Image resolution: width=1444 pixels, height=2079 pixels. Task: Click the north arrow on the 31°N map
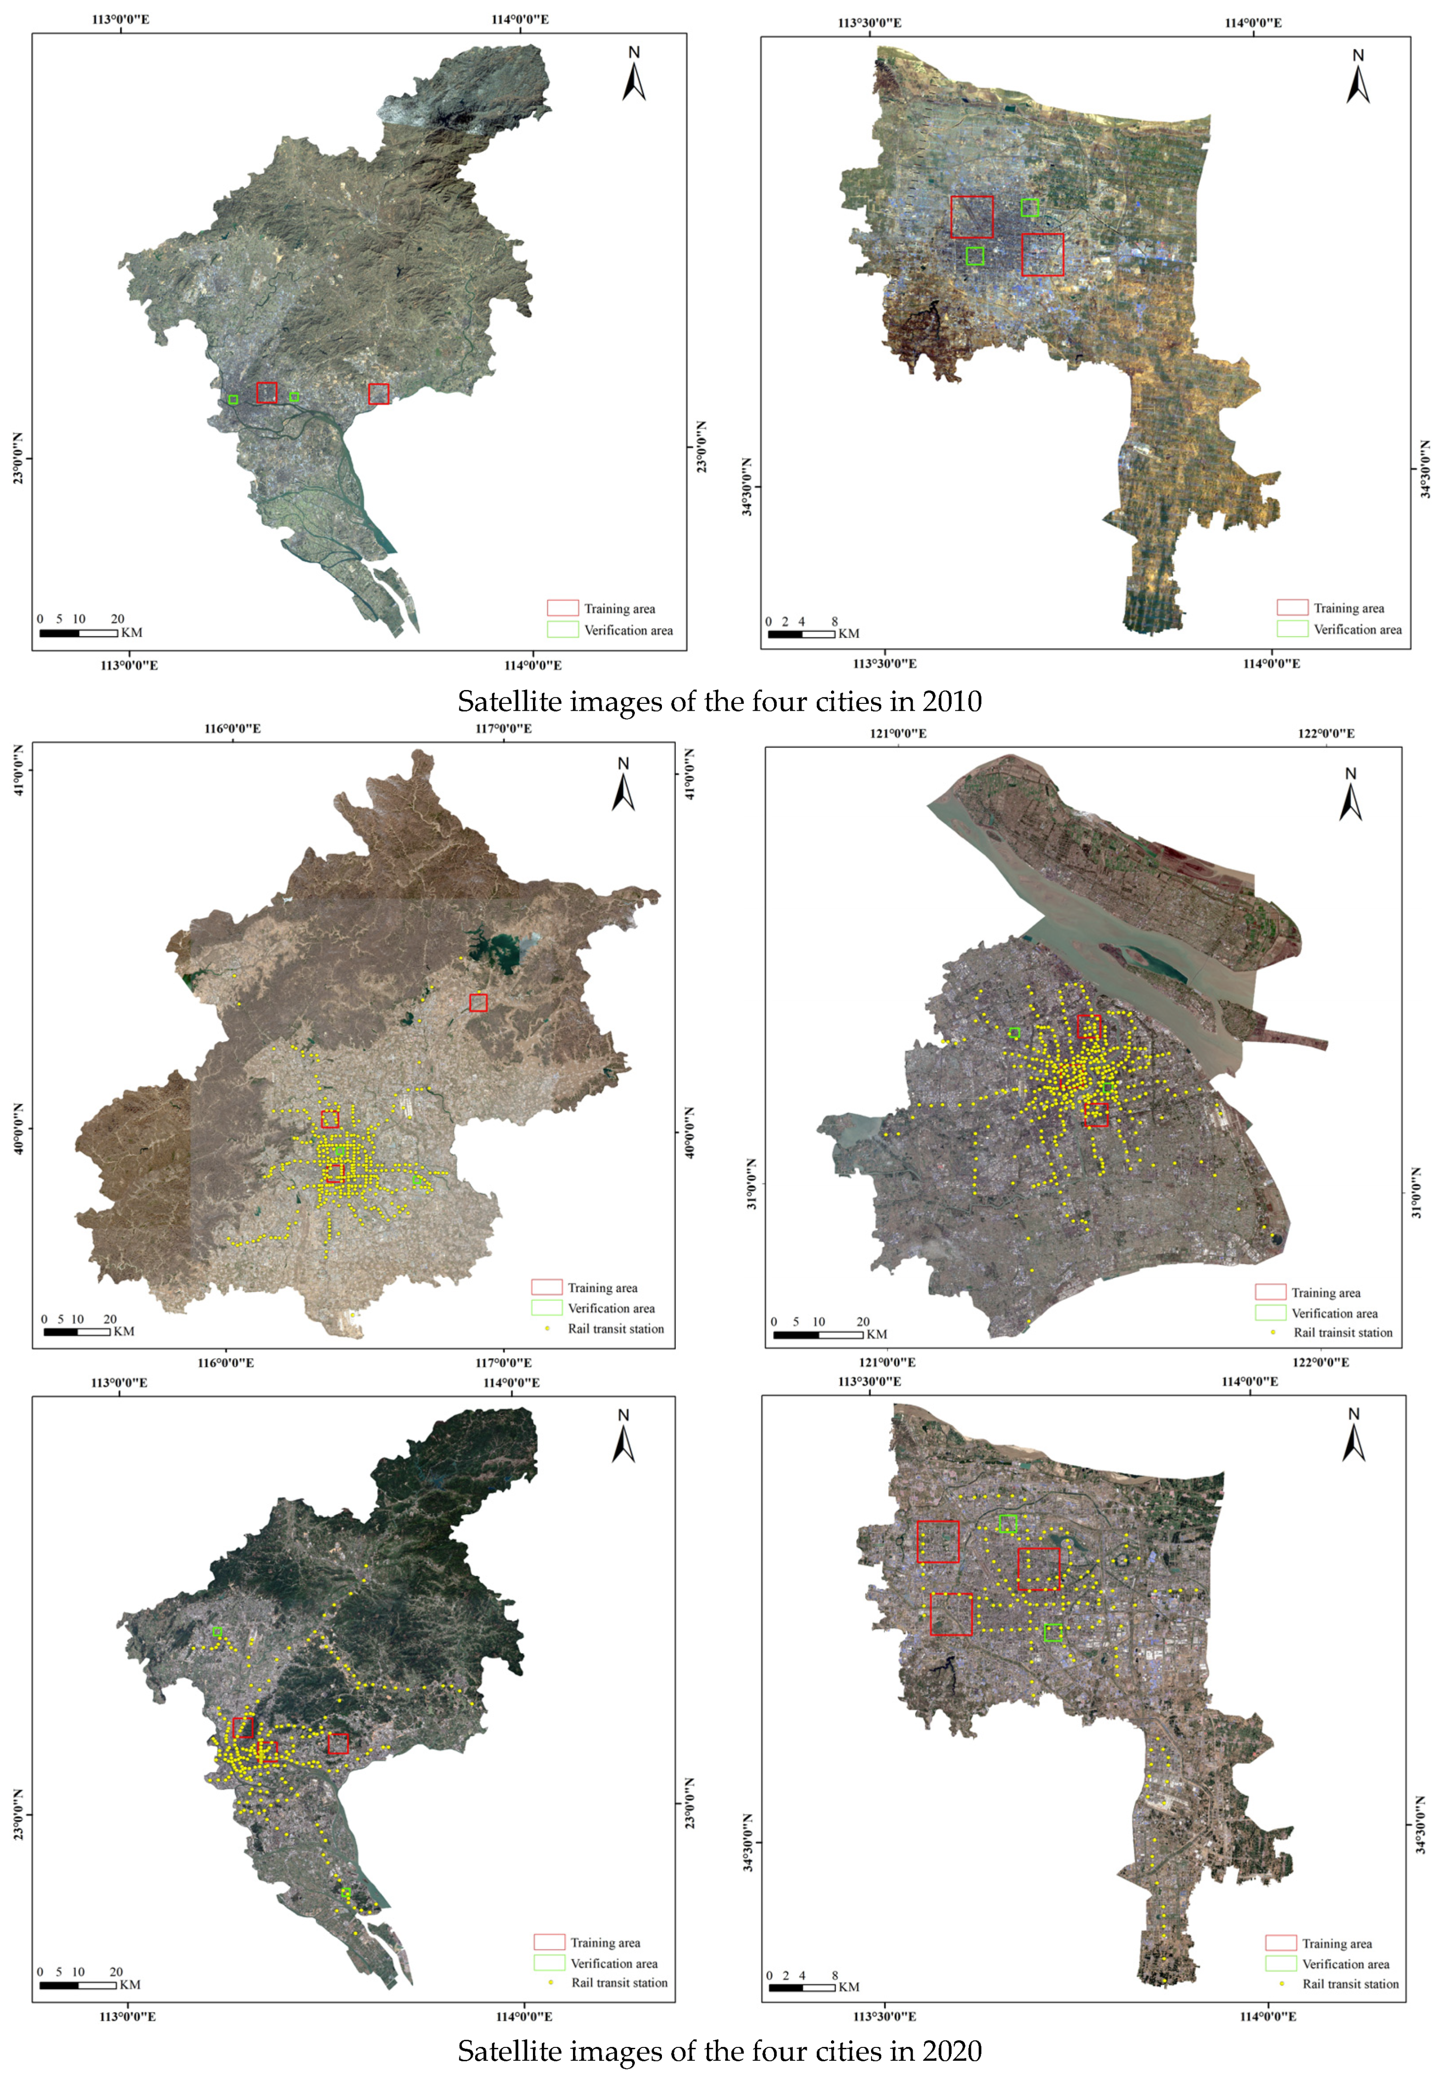point(1350,795)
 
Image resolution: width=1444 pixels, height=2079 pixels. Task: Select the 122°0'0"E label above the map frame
point(1326,733)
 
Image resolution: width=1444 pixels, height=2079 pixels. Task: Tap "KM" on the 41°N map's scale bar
point(124,1332)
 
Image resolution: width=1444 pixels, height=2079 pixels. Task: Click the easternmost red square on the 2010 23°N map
point(379,394)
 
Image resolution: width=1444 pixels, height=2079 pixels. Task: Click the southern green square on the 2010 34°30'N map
point(974,256)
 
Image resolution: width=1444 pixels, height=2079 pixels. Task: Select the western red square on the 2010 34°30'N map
point(972,217)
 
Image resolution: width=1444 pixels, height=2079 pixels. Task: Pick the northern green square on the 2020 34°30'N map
point(1009,1524)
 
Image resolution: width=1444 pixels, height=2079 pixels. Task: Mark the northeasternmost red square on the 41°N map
point(479,1002)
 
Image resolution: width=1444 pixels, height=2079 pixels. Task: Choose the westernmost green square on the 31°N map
point(1014,1033)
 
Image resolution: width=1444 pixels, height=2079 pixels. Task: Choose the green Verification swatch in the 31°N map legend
point(1270,1312)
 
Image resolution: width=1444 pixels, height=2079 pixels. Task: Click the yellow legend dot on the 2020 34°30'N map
point(1281,1983)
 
